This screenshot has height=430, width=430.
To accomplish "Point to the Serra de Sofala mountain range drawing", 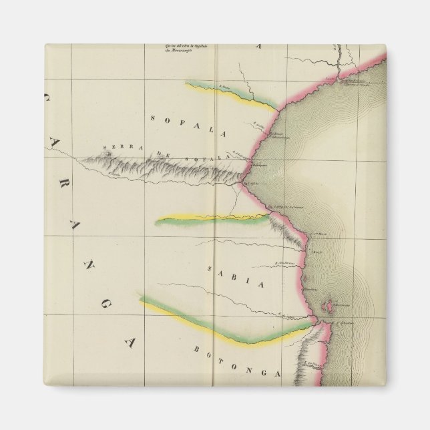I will coord(167,168).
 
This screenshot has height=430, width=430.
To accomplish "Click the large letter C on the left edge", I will coord(49,100).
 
